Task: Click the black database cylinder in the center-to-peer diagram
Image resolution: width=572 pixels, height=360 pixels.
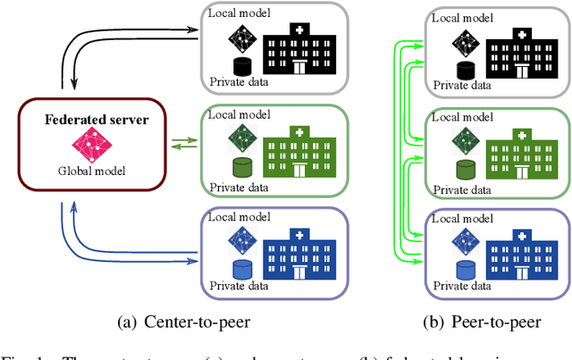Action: tap(240, 65)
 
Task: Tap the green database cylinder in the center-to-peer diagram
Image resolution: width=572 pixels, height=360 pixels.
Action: tap(240, 167)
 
